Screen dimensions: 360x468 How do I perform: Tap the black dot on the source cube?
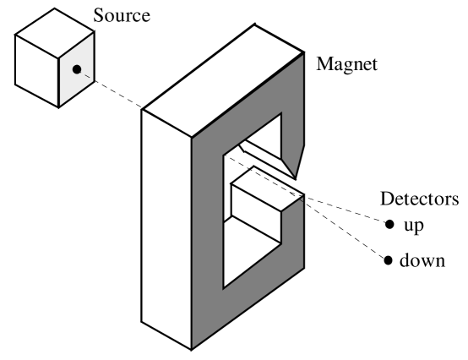(77, 69)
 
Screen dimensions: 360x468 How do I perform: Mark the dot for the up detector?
(389, 225)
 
